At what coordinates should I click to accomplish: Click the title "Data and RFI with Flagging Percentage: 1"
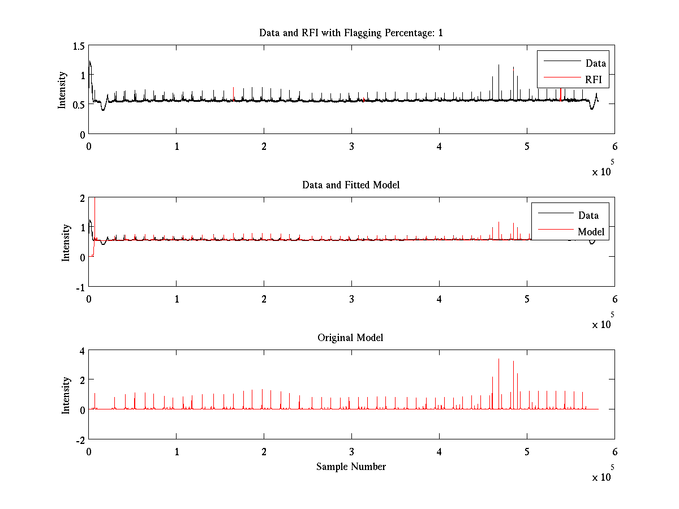pyautogui.click(x=351, y=33)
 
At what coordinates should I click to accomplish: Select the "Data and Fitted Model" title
pyautogui.click(x=351, y=185)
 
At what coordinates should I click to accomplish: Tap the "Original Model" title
pyautogui.click(x=350, y=338)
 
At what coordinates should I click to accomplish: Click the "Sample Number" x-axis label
pyautogui.click(x=351, y=467)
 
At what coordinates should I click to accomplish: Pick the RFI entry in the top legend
pyautogui.click(x=594, y=80)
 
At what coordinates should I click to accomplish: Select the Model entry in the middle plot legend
pyautogui.click(x=591, y=231)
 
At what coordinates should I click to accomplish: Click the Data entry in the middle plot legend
pyautogui.click(x=588, y=215)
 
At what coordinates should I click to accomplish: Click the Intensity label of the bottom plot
pyautogui.click(x=66, y=395)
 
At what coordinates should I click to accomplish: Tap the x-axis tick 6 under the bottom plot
pyautogui.click(x=614, y=452)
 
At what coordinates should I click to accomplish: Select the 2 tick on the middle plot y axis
pyautogui.click(x=82, y=198)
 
